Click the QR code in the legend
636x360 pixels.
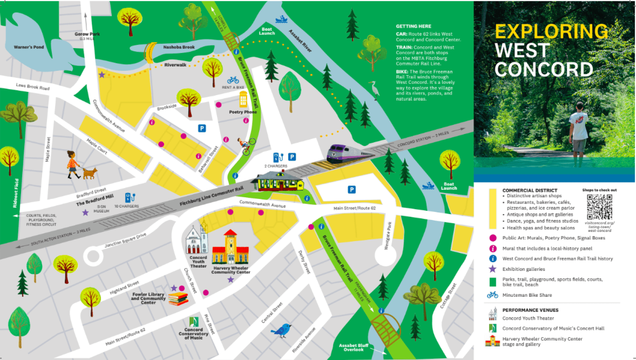tap(599, 207)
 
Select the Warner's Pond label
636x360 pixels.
tap(29, 47)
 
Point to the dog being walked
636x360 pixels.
tap(90, 173)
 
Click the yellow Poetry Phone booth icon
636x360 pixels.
tap(243, 99)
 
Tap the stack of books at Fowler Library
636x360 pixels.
tap(178, 299)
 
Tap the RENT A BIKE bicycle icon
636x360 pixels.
tap(233, 80)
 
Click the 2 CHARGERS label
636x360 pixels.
tap(276, 166)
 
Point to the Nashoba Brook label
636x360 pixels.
tap(179, 47)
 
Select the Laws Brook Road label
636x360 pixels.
tap(33, 86)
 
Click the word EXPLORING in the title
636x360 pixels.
tap(551, 31)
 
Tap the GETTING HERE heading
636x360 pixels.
tap(413, 26)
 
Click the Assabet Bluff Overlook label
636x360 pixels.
tap(353, 347)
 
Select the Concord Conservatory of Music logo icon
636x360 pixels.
tap(194, 322)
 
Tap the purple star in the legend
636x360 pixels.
tap(493, 269)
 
